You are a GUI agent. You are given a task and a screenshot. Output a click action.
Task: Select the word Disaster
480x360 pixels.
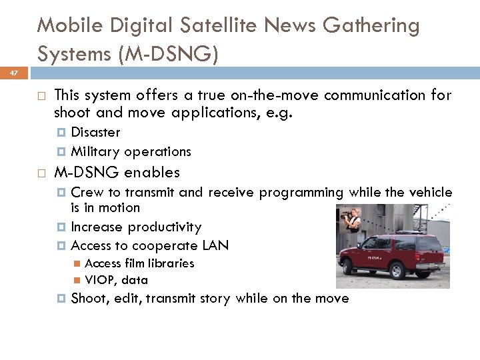point(95,132)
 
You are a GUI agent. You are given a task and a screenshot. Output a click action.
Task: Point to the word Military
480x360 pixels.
point(97,151)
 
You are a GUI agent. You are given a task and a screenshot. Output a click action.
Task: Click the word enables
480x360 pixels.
point(151,172)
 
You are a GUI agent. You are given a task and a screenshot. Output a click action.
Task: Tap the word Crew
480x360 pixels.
point(85,193)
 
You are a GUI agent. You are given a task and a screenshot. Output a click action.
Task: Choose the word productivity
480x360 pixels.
point(165,227)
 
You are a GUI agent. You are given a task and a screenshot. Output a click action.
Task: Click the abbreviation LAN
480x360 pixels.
point(215,245)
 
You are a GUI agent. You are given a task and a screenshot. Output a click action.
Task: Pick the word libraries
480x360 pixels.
point(170,263)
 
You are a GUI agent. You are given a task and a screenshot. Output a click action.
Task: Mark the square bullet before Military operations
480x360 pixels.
point(63,152)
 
